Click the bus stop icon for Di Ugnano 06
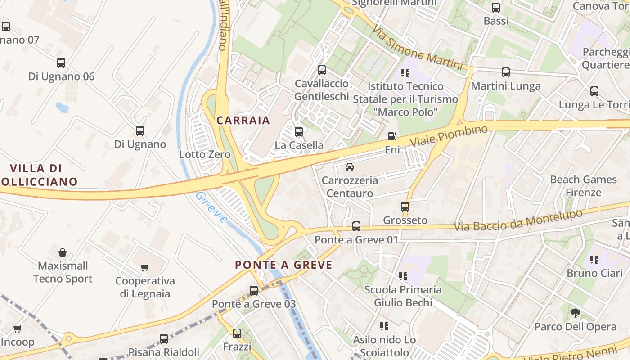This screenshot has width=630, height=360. [61, 63]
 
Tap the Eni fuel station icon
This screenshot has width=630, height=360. [392, 136]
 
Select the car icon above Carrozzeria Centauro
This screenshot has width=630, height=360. [349, 167]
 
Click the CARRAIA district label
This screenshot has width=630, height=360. [243, 120]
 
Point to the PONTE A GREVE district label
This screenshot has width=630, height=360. [283, 265]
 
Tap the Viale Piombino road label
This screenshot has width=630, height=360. [449, 136]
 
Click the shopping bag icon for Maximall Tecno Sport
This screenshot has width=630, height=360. [63, 252]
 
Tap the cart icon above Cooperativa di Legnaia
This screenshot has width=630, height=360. [144, 268]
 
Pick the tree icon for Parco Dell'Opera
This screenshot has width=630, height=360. [575, 313]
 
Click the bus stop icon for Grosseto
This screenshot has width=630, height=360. [405, 207]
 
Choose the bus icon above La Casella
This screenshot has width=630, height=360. [299, 132]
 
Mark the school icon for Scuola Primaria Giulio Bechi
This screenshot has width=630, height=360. [403, 276]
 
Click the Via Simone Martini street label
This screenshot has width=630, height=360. [417, 47]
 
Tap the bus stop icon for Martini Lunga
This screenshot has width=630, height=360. [506, 72]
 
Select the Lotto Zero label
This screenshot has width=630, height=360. [205, 154]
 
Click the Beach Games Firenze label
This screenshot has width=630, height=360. [583, 186]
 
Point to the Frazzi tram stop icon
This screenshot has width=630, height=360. [237, 333]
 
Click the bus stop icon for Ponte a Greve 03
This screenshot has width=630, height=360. [254, 291]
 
